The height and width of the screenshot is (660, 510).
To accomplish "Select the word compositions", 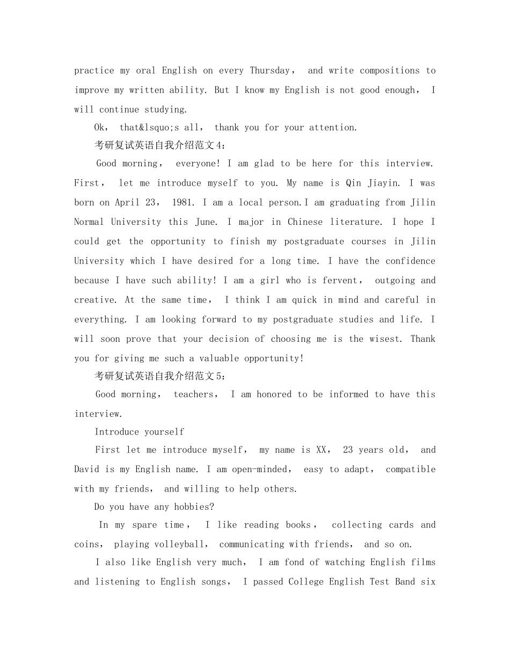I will coord(389,71).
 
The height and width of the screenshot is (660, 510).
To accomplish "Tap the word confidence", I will coord(410,261).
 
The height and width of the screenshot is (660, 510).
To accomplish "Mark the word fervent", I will coord(339,281).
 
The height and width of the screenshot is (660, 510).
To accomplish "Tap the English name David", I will coord(86,470).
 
